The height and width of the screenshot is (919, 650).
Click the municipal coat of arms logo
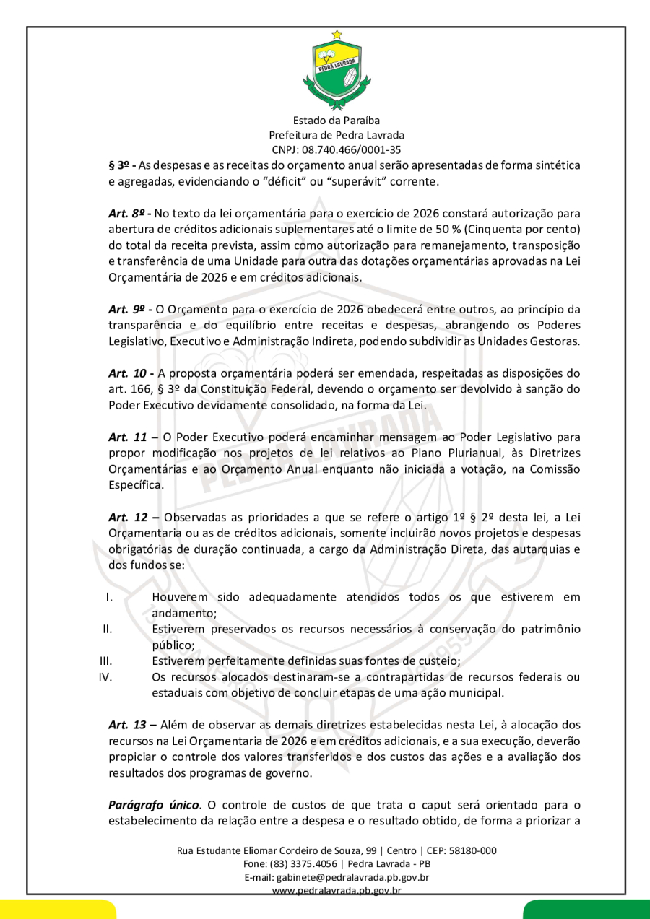(337, 71)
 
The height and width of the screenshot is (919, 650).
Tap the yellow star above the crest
(337, 34)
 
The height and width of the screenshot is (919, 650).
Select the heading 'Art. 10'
(128, 373)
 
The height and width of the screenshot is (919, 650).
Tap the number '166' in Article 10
(142, 390)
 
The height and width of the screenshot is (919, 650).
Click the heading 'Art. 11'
(128, 437)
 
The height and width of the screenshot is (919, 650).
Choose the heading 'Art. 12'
(128, 517)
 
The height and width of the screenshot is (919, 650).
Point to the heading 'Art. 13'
(128, 724)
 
